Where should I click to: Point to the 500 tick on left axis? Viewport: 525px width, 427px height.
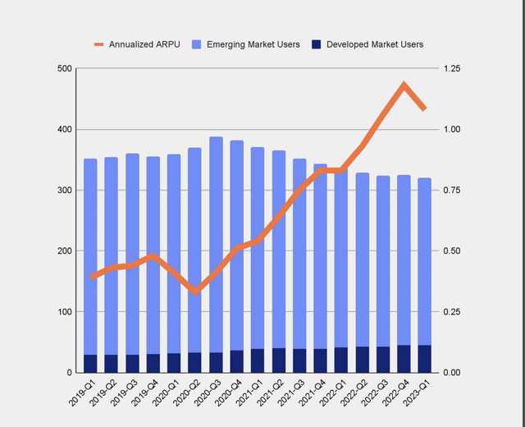(60, 69)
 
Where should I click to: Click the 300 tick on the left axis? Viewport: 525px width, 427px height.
(60, 191)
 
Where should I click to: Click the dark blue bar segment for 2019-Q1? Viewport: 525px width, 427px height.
(90, 364)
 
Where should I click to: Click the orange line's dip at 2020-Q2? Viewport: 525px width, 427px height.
(195, 292)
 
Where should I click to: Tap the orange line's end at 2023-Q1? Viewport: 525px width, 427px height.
(425, 108)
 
